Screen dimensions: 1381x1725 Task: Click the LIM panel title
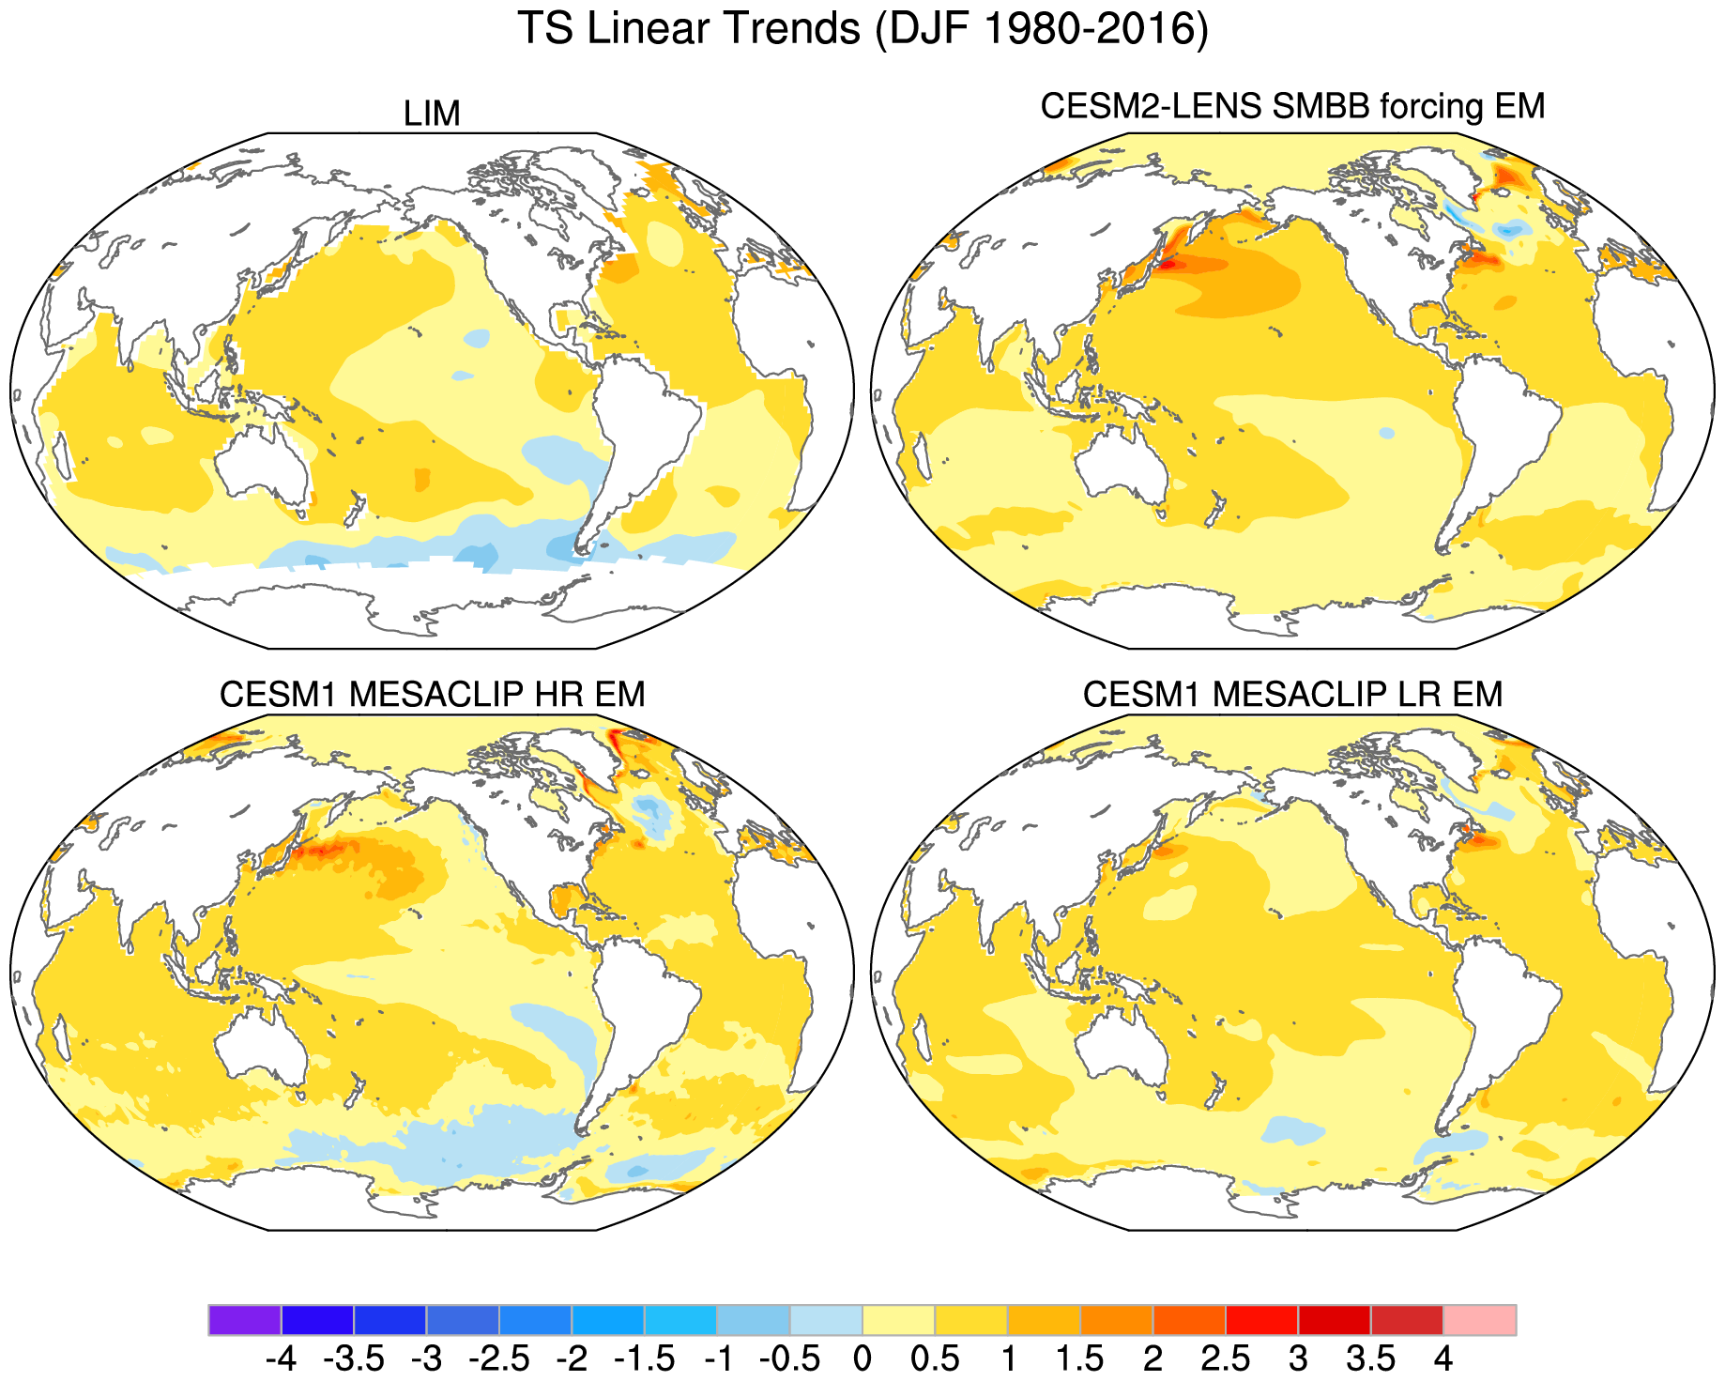[x=432, y=114]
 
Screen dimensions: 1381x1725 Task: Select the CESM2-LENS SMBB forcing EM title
[x=1292, y=106]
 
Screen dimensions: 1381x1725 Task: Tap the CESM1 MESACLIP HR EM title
[x=432, y=695]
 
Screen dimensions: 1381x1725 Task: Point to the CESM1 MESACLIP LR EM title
[x=1292, y=695]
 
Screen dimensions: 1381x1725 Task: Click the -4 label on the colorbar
[x=281, y=1358]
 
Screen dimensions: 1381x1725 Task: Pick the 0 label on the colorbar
[x=862, y=1358]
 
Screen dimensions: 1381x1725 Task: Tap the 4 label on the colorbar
[x=1443, y=1358]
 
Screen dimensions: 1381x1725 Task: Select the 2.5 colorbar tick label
[x=1225, y=1358]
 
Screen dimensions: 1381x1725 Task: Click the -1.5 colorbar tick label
[x=644, y=1358]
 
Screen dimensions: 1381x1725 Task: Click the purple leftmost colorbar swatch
[x=244, y=1319]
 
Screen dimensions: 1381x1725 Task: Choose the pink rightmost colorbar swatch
[x=1479, y=1319]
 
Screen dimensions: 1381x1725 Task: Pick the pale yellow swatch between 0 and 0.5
[x=898, y=1319]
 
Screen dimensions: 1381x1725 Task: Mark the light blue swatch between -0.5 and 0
[x=825, y=1319]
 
